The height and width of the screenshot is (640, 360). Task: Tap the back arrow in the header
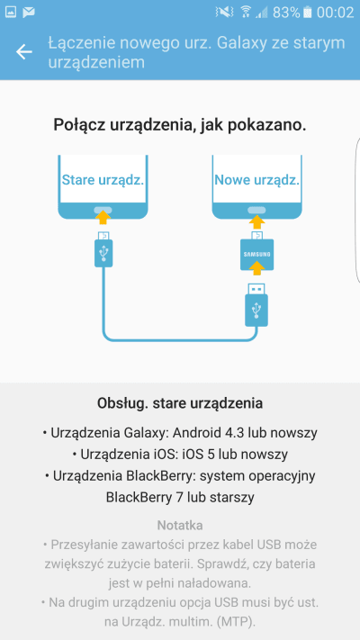click(x=24, y=52)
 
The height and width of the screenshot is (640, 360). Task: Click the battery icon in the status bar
click(x=308, y=13)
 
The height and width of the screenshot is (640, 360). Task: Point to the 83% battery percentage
click(x=286, y=13)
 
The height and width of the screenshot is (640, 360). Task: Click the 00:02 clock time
click(x=335, y=13)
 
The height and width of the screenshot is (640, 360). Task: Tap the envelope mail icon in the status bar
click(x=29, y=13)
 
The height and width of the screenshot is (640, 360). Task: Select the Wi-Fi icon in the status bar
click(x=246, y=13)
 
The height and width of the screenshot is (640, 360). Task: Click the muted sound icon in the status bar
click(x=224, y=13)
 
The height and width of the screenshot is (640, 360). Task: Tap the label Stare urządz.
click(x=103, y=180)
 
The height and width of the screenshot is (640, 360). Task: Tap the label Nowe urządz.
click(x=257, y=180)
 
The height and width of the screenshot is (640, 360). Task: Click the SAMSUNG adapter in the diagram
click(x=256, y=255)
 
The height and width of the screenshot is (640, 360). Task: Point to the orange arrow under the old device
click(x=103, y=217)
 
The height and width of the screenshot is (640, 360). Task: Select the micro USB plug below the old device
click(x=103, y=249)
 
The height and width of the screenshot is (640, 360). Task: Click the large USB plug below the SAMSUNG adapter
click(x=256, y=305)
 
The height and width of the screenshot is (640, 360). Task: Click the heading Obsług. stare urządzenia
click(x=180, y=403)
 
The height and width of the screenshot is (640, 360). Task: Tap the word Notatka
click(x=180, y=525)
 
